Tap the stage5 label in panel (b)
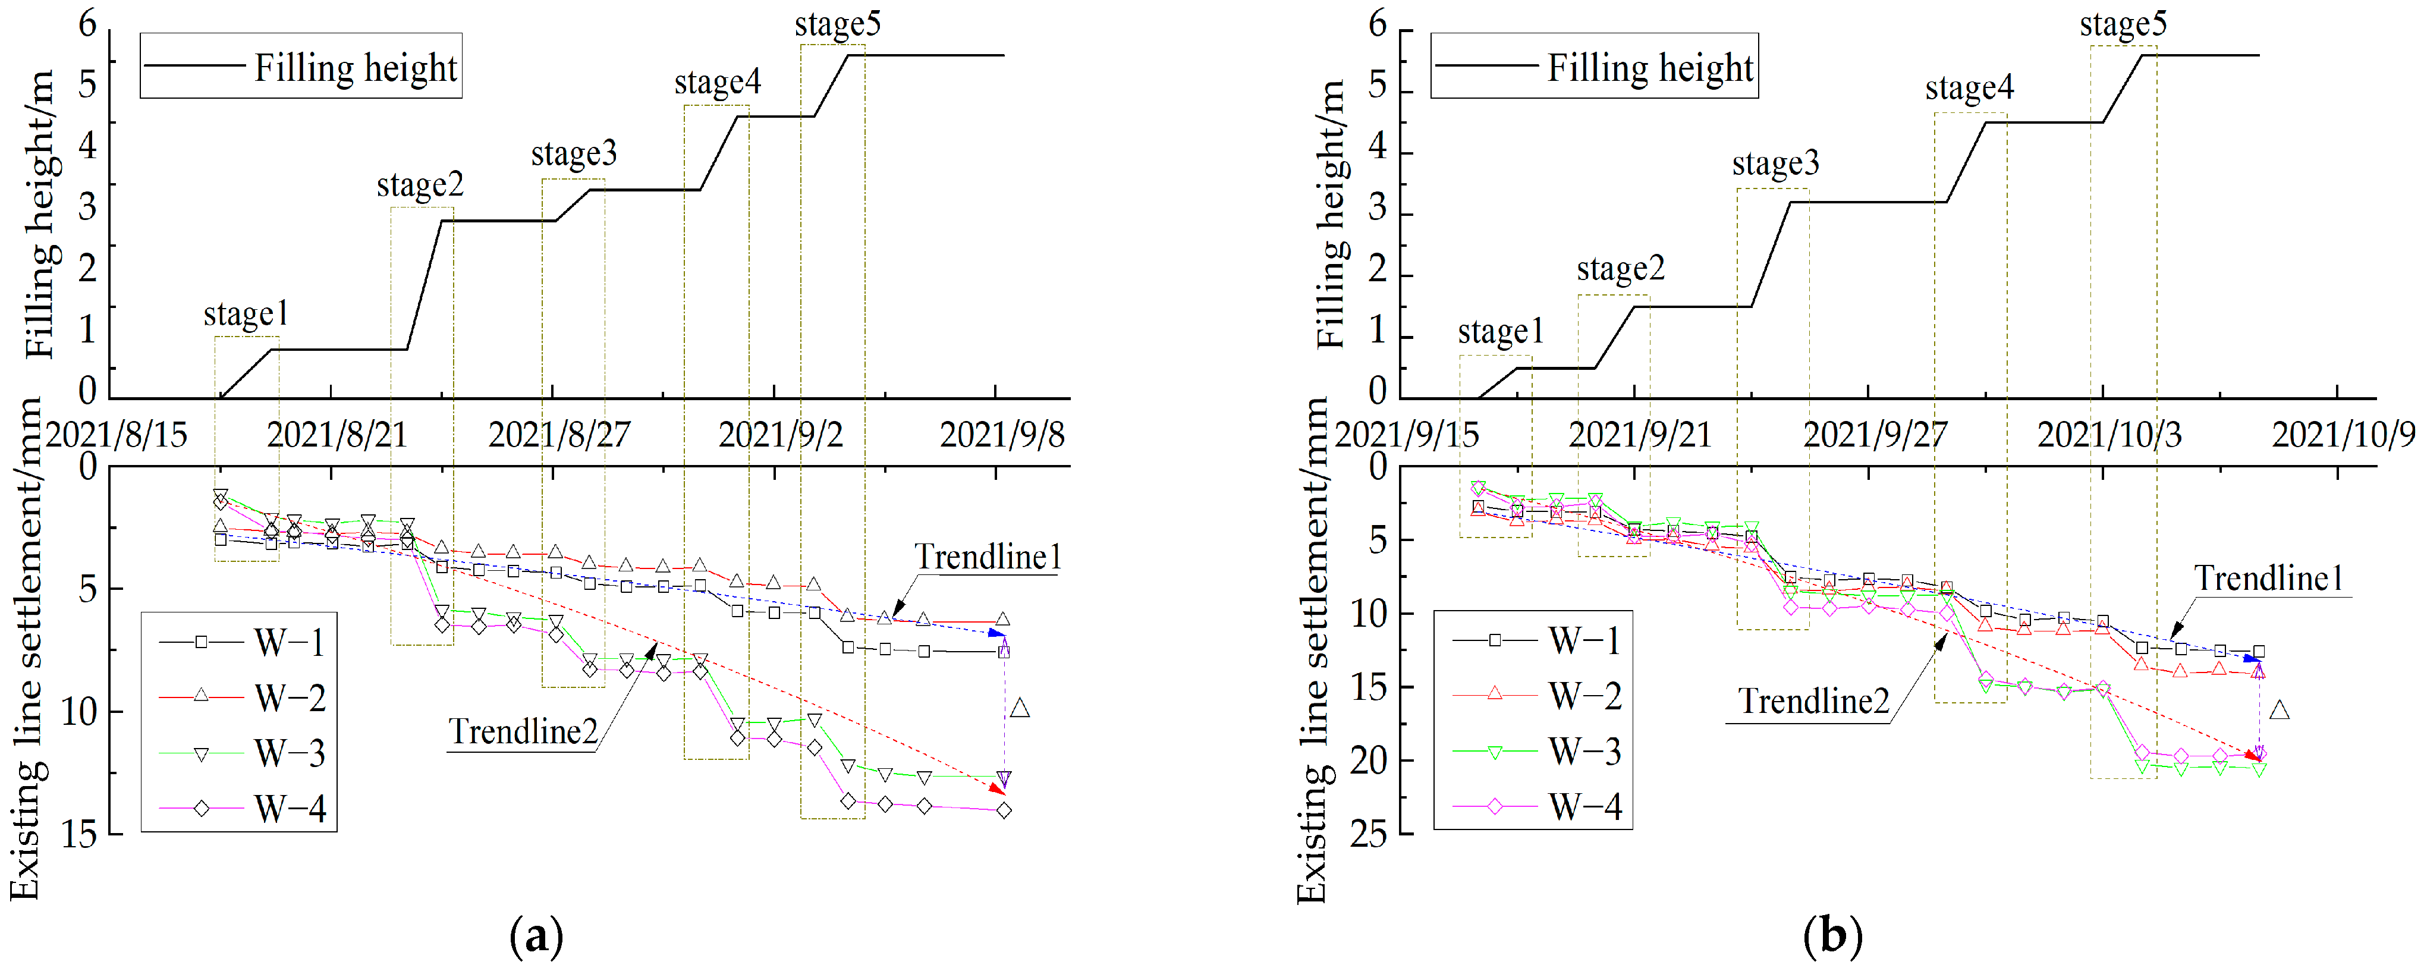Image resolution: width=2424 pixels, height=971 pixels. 2123,24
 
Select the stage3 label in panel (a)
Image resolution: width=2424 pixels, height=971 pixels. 574,153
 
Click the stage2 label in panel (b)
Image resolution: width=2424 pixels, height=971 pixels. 1620,270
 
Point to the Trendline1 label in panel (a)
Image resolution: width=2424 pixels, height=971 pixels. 988,557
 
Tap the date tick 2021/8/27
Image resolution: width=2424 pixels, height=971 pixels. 559,435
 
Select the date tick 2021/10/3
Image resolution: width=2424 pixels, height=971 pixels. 2109,435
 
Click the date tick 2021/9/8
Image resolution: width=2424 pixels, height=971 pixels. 1002,435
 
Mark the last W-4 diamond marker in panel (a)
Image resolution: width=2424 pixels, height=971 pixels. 1004,810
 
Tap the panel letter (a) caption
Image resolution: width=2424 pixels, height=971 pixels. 536,936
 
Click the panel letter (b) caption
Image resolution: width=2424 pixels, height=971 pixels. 1832,936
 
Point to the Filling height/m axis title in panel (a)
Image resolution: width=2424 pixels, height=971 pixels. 39,215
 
